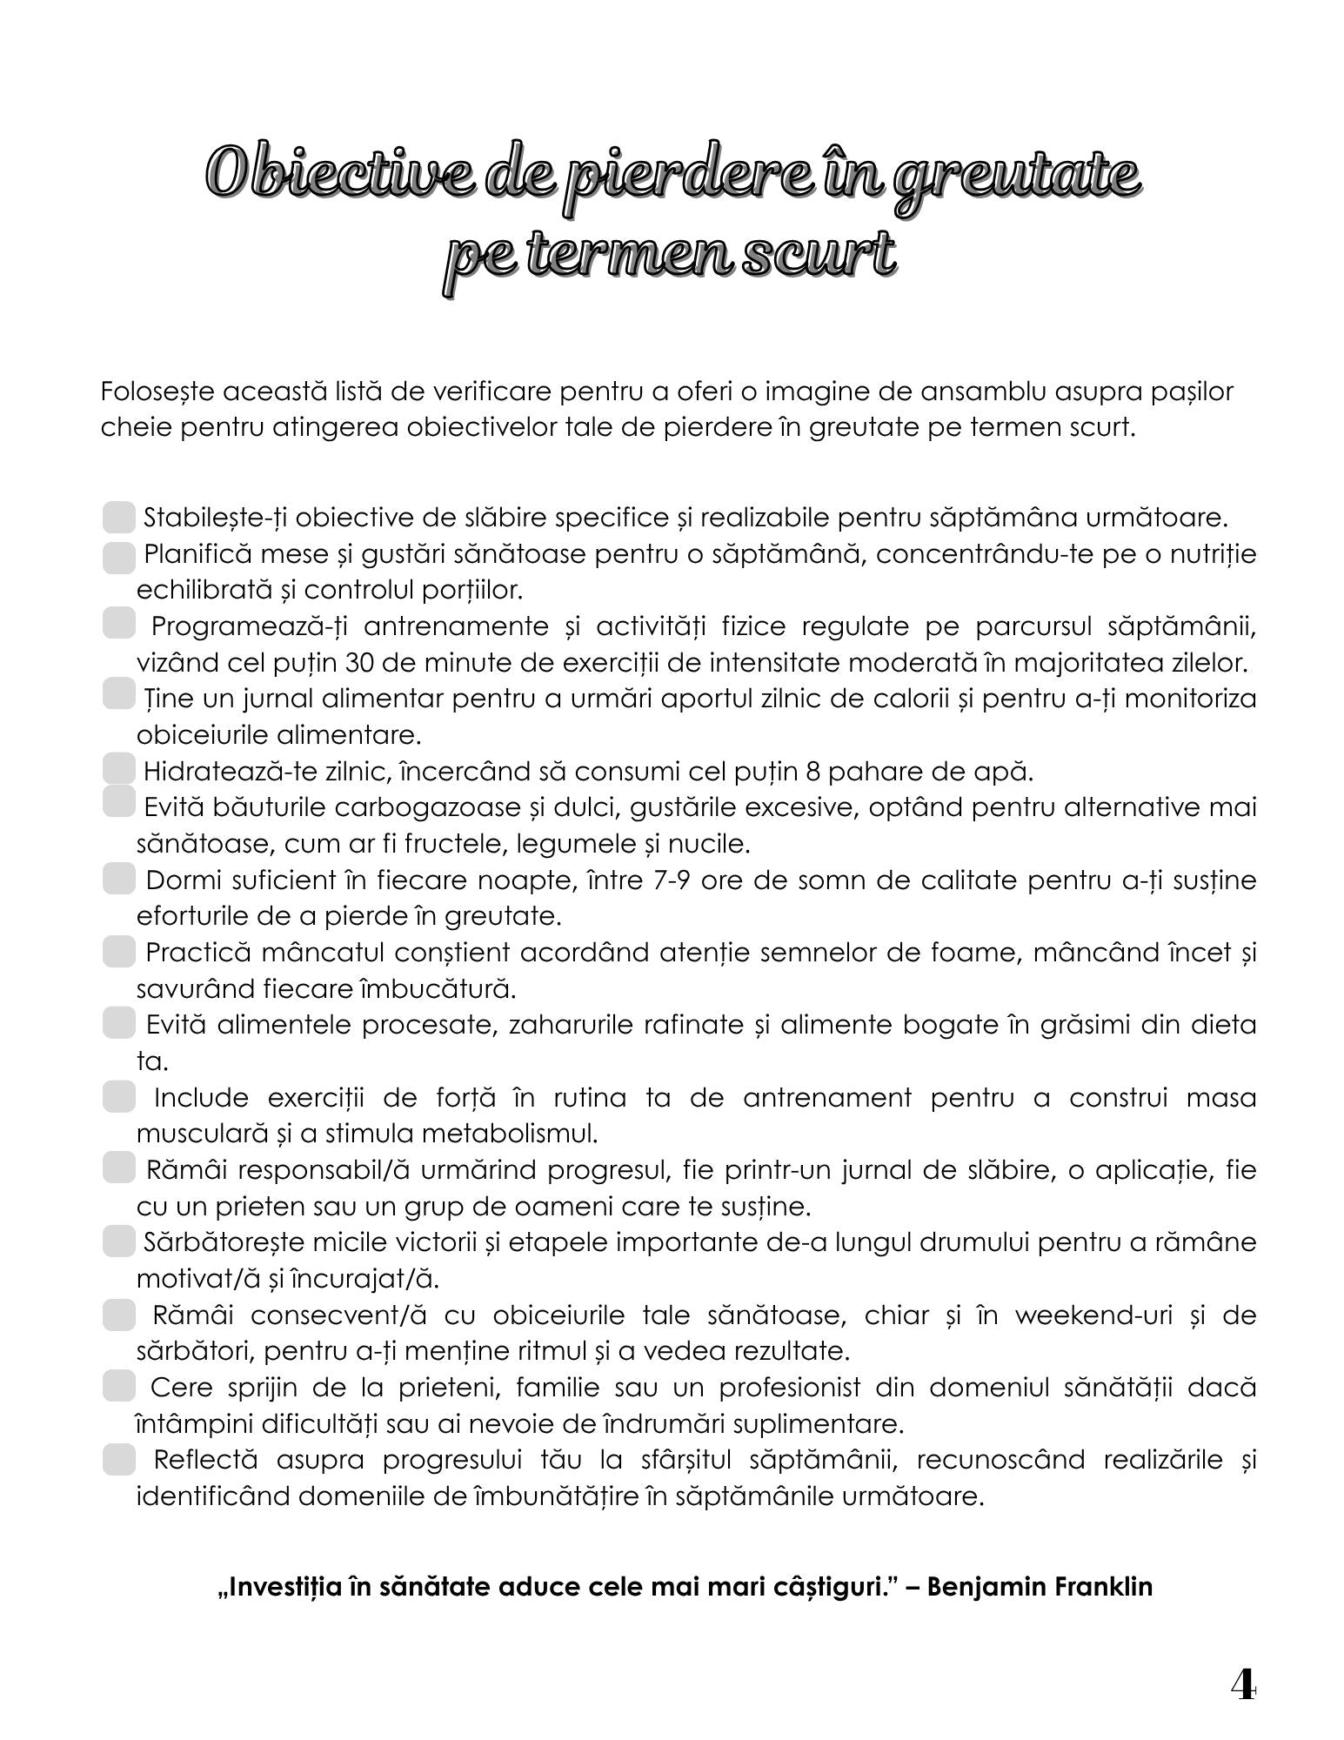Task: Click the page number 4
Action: click(x=1243, y=1687)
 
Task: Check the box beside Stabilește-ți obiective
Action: click(x=118, y=517)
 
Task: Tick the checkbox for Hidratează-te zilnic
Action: click(x=118, y=770)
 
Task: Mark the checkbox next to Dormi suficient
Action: click(x=118, y=880)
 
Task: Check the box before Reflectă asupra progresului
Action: click(x=118, y=1459)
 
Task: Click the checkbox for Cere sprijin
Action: click(x=118, y=1387)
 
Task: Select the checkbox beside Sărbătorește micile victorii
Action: click(x=118, y=1241)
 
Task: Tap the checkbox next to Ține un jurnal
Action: click(x=118, y=696)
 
